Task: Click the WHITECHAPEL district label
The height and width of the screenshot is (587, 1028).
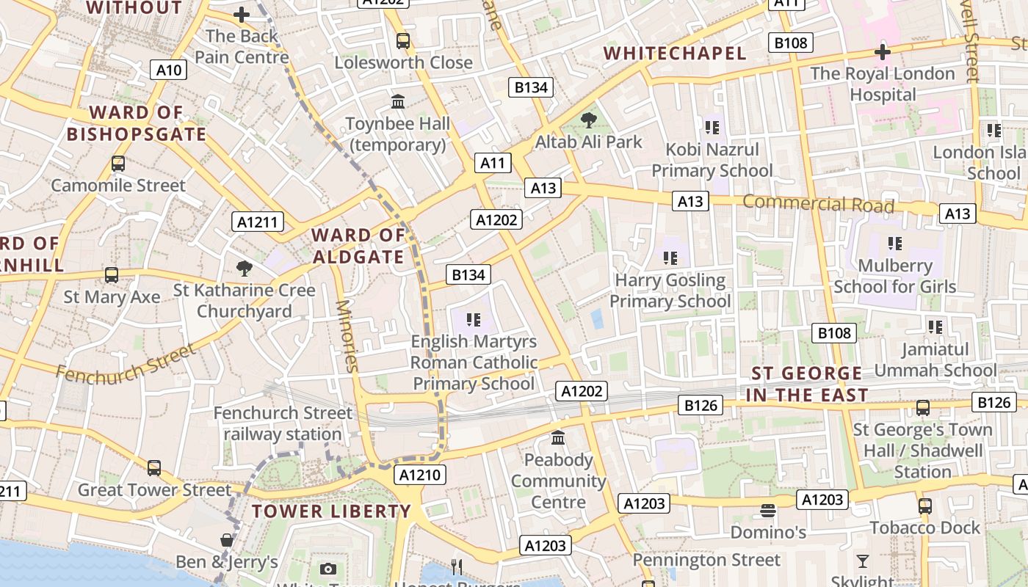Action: click(674, 53)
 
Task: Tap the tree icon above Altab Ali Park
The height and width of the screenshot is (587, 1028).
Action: click(588, 120)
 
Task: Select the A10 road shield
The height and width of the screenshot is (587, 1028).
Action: click(169, 70)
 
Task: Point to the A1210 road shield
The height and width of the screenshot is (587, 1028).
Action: click(421, 475)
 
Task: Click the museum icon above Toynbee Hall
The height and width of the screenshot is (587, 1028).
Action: click(398, 101)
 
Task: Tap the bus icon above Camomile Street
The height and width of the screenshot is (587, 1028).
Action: click(118, 164)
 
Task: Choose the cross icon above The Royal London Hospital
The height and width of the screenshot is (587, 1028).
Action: click(883, 52)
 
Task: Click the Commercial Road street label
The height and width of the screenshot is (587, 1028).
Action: click(818, 203)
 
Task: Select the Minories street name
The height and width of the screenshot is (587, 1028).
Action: click(347, 336)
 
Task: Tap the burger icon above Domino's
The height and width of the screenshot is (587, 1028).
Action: click(768, 510)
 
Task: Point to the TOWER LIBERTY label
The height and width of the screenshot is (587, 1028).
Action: click(331, 511)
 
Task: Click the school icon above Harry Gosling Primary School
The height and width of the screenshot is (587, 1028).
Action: click(670, 258)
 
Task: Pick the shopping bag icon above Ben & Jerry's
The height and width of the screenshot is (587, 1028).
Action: click(227, 541)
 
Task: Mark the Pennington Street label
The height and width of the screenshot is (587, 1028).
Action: click(706, 560)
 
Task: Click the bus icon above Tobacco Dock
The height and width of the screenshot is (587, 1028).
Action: click(924, 506)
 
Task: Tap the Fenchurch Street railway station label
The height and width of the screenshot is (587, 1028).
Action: click(283, 423)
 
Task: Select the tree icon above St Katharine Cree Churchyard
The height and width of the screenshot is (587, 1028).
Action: click(245, 269)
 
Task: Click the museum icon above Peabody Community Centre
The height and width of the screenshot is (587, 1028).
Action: click(558, 438)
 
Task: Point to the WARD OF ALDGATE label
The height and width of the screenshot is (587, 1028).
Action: click(358, 246)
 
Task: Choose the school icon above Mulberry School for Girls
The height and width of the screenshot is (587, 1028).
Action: click(894, 243)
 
